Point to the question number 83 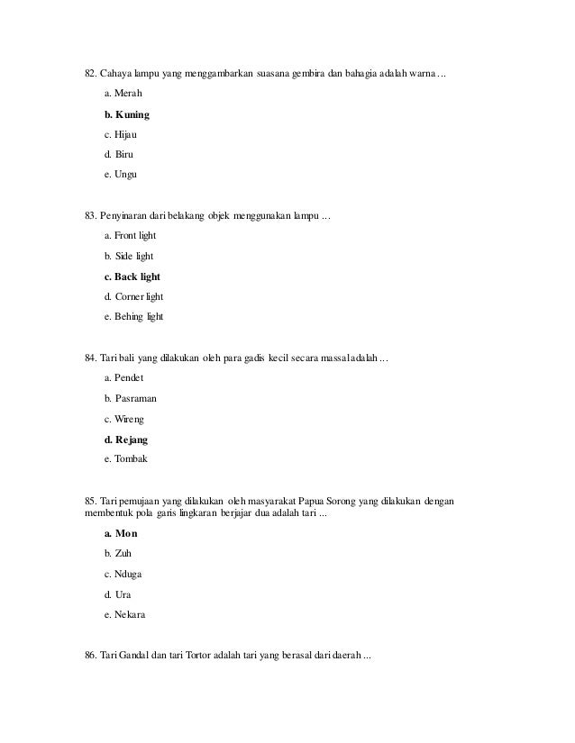tap(90, 216)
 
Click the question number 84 tap(90, 359)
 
